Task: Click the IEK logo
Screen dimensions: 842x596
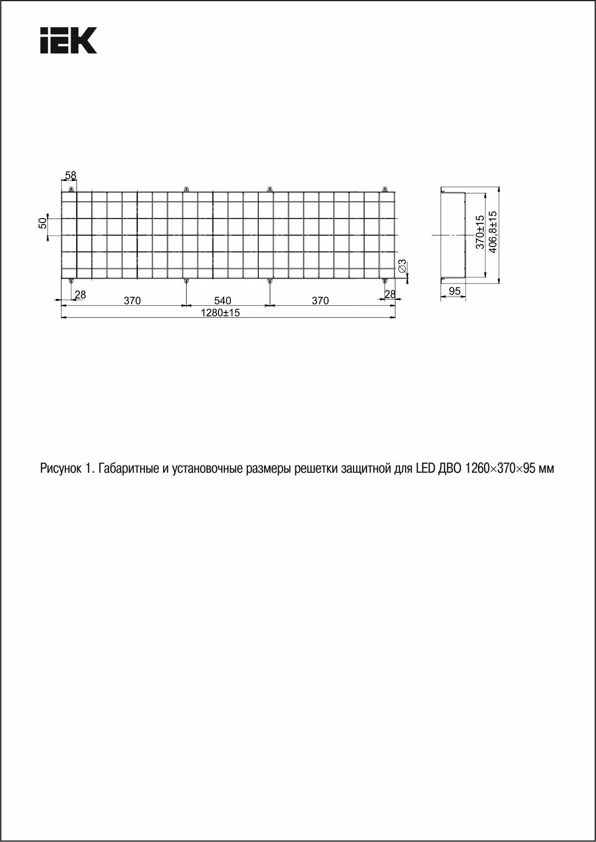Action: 68,40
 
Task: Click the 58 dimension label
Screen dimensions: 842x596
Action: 71,176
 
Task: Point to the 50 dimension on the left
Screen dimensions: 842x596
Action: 43,223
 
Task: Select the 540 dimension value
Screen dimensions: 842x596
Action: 223,301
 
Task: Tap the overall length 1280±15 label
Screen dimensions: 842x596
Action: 220,313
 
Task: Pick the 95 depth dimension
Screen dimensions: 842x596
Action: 455,291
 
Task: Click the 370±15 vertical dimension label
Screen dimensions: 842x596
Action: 480,232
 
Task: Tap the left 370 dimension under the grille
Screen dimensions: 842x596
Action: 132,301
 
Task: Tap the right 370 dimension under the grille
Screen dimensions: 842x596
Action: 320,301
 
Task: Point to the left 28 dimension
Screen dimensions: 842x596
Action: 80,295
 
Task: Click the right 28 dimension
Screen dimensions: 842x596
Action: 390,294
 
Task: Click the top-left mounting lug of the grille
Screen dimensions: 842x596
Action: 71,189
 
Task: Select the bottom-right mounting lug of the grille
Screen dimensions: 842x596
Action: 384,281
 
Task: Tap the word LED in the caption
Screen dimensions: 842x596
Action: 424,468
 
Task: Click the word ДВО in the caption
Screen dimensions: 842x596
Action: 449,468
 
